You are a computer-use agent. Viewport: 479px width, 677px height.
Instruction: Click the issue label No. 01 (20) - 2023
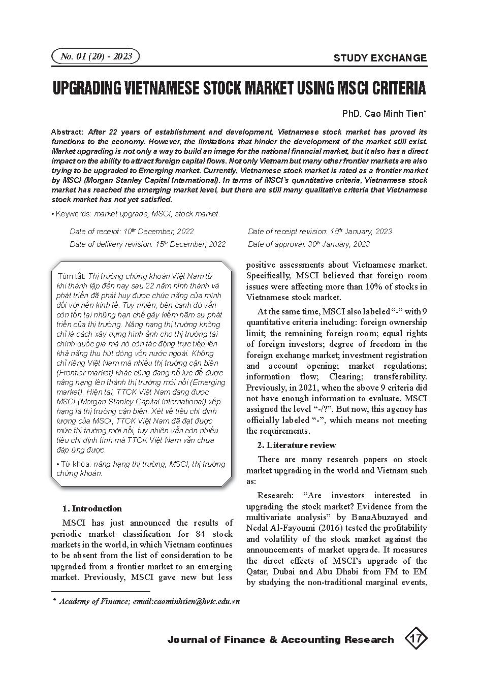(95, 56)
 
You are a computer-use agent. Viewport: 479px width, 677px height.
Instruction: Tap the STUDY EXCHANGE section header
(380, 58)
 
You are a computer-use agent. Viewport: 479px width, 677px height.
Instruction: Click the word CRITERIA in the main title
(398, 88)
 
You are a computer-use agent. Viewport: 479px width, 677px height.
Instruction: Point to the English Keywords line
(136, 214)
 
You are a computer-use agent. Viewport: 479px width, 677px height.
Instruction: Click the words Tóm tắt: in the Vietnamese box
(72, 276)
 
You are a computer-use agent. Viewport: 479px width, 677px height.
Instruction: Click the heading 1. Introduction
(92, 508)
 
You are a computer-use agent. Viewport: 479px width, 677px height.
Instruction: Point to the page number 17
(416, 639)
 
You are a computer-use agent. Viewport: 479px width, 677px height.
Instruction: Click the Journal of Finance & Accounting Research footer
(280, 640)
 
